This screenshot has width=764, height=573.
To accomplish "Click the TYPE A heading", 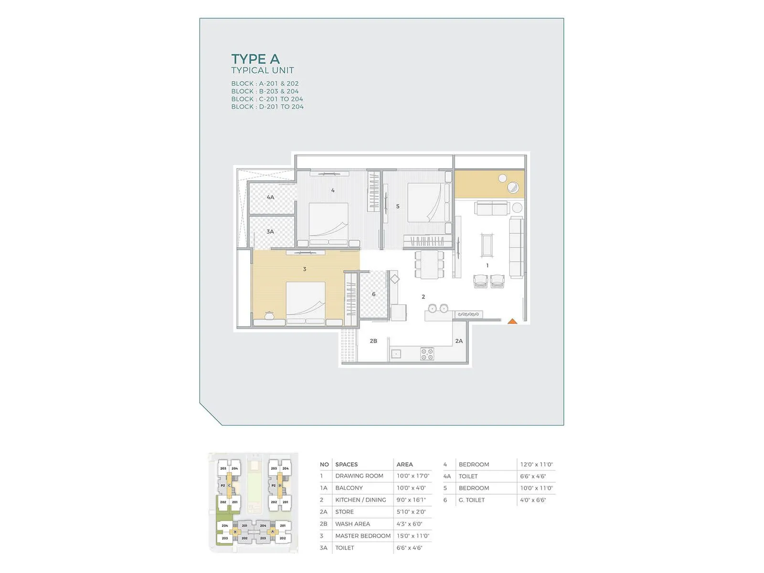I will point(255,59).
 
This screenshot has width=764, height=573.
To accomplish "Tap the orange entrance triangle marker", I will point(512,321).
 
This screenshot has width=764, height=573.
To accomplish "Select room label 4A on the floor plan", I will point(270,197).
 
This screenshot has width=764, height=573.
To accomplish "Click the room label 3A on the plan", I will point(270,232).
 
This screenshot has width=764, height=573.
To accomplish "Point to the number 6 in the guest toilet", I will point(373,294).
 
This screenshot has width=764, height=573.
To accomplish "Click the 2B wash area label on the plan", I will point(373,341).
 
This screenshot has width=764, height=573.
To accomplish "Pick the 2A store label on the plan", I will point(459,341).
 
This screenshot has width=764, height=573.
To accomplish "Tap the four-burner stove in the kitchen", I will point(427,354).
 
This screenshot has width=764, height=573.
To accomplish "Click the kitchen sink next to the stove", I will point(396,354).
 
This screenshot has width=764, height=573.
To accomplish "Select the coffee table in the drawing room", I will point(487,245).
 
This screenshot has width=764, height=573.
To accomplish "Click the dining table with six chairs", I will point(429,265).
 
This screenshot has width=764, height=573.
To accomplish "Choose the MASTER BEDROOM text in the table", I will point(363,536).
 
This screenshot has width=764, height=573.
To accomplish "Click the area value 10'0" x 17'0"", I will point(413,476).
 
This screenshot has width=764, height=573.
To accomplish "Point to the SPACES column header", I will point(346,464).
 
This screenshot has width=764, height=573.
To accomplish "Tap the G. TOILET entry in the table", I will point(472,500).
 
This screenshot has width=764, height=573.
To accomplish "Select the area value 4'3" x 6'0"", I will point(409,524).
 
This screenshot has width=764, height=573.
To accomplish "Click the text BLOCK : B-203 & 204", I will point(265,91).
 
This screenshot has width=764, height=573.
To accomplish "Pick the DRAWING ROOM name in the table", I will point(359,476).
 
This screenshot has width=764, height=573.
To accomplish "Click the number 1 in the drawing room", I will point(487,265).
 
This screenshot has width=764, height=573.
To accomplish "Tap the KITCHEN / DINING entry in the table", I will point(361,500).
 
